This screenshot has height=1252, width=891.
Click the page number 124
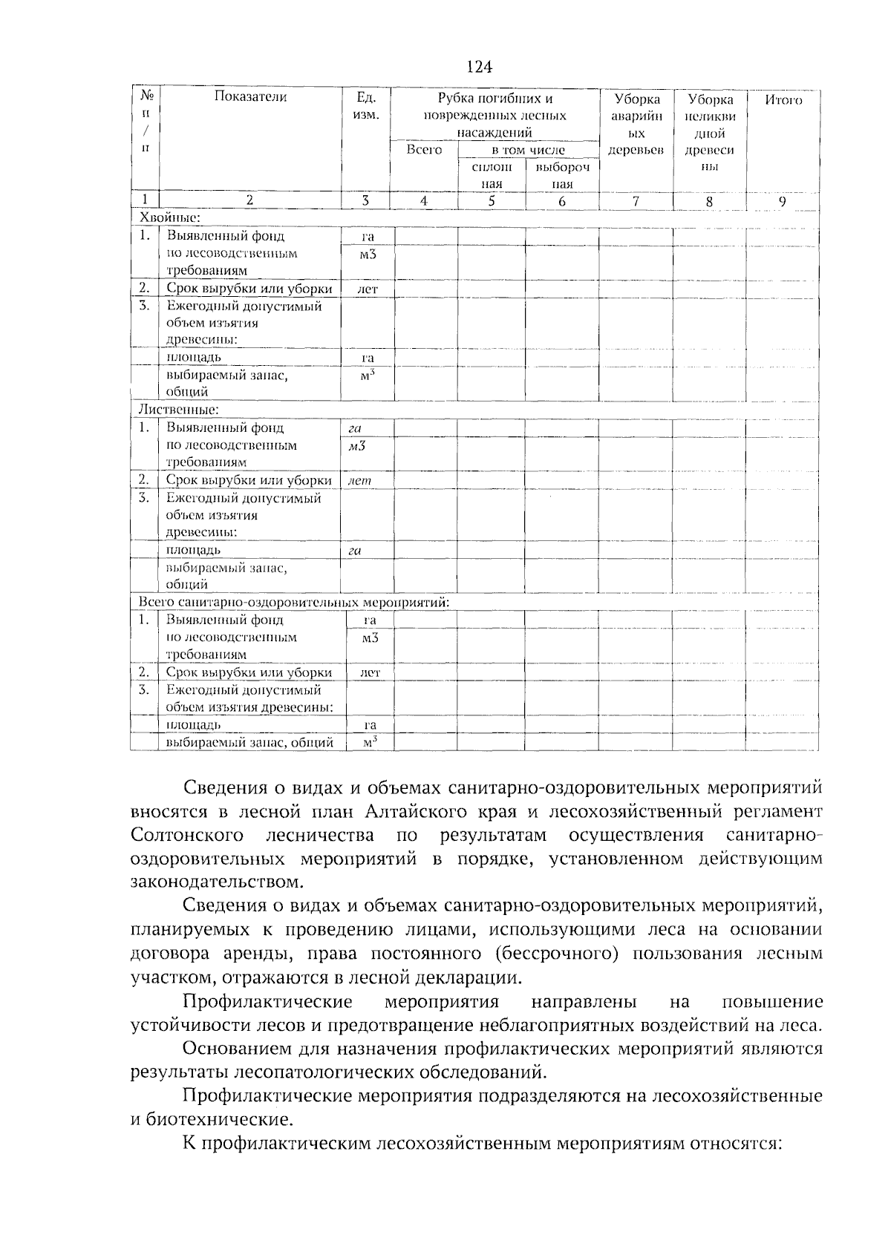pos(479,68)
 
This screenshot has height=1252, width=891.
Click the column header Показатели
pos(250,96)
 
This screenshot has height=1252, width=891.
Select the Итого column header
pos(783,99)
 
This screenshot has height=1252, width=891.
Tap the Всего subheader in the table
pos(424,150)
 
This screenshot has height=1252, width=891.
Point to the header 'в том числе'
pos(528,150)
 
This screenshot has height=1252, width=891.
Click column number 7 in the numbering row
pos(636,200)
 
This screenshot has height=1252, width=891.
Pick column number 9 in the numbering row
pos(783,200)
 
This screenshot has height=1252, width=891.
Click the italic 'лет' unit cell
pos(359,481)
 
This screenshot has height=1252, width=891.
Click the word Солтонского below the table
pos(188,835)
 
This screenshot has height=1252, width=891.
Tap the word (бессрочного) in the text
pos(555,954)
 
